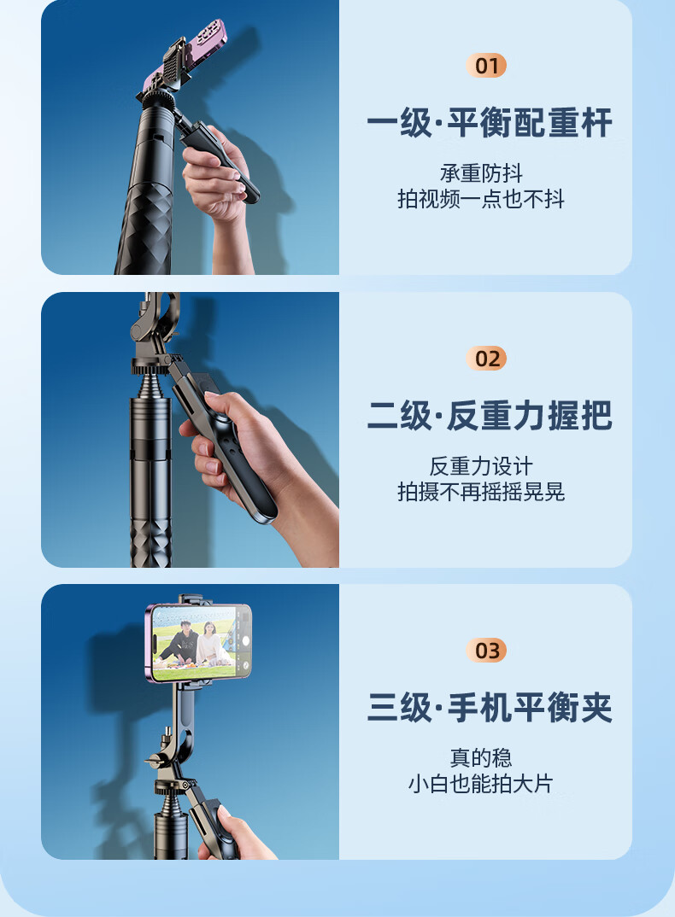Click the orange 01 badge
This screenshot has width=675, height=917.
click(x=486, y=66)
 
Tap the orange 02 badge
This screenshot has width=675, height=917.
click(x=486, y=358)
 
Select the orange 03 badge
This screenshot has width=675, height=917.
click(x=486, y=650)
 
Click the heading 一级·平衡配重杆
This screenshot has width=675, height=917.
click(x=490, y=123)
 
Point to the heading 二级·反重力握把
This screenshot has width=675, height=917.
click(x=490, y=415)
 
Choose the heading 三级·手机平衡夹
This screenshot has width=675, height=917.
click(x=490, y=707)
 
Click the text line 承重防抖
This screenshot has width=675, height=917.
click(x=481, y=173)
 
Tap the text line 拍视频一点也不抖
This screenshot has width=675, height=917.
click(x=481, y=199)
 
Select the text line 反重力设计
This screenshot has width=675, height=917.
click(x=481, y=466)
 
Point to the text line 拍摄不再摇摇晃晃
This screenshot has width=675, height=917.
click(x=481, y=492)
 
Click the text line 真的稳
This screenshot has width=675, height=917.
click(x=481, y=758)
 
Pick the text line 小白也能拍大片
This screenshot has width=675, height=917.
click(x=481, y=784)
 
